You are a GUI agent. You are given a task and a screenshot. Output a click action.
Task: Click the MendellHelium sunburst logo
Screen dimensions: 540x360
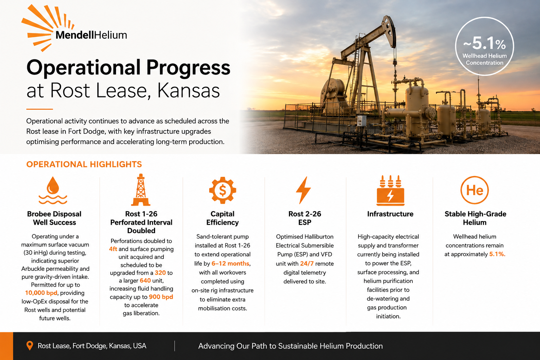[46, 28]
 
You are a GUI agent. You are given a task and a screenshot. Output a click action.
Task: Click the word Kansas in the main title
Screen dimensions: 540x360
[188, 90]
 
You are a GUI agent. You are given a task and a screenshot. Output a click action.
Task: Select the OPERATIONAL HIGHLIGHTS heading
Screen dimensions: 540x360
[84, 165]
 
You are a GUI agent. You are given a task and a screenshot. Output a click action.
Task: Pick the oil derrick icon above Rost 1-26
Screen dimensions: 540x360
[141, 190]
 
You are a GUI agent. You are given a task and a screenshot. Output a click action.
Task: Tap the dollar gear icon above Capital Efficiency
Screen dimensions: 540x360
[223, 191]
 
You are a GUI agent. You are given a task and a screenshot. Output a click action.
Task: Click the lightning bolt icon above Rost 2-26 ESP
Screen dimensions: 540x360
[303, 190]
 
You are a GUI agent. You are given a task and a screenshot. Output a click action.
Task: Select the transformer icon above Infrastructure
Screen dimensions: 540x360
[390, 191]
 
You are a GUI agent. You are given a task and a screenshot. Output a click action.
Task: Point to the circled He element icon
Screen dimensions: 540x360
[474, 190]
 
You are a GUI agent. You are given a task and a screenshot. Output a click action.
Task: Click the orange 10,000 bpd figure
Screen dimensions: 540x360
[41, 293]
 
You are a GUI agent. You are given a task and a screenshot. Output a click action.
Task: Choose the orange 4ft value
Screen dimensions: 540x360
[113, 249]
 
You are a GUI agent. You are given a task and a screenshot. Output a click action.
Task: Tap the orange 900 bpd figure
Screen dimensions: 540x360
[161, 297]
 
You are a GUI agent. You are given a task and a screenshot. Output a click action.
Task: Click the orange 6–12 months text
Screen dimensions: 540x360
[231, 263]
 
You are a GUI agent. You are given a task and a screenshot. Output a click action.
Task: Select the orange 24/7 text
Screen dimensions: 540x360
[307, 264]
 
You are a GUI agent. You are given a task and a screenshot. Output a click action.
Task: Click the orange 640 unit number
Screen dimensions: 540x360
[145, 281]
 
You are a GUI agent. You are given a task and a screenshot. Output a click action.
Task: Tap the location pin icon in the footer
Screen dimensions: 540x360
[30, 346]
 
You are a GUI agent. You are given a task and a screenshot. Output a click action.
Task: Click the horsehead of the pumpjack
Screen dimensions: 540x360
[388, 31]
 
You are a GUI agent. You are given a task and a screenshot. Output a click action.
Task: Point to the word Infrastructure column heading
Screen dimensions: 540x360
[390, 214]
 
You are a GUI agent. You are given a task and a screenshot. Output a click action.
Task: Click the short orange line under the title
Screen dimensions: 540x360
[39, 109]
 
